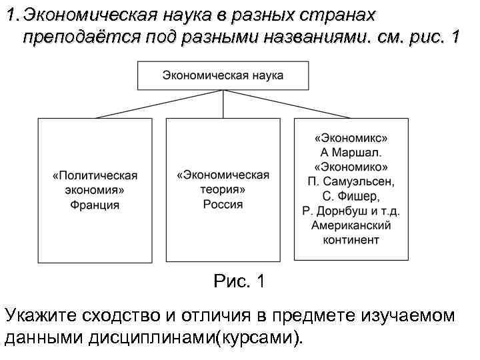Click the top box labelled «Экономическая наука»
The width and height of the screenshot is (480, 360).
(x=223, y=75)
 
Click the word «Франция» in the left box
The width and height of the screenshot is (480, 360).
(x=95, y=205)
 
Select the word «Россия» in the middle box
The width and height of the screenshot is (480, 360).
(x=223, y=204)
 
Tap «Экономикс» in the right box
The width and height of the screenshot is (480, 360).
(x=351, y=138)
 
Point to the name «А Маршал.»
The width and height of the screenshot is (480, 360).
(x=351, y=152)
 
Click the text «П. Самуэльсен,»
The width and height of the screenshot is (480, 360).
(x=351, y=181)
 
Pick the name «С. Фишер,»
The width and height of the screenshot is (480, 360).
(x=351, y=196)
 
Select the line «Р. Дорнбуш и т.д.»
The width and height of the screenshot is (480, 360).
(x=351, y=211)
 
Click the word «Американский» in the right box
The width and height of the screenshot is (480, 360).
(x=351, y=225)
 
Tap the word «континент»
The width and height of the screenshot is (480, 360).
(x=351, y=239)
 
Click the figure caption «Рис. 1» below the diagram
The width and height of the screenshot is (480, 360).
(x=239, y=282)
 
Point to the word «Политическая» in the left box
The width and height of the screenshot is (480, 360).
(x=95, y=175)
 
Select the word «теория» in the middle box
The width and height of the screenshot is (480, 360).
(x=223, y=189)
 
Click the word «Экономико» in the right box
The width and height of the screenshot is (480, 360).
(x=351, y=167)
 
